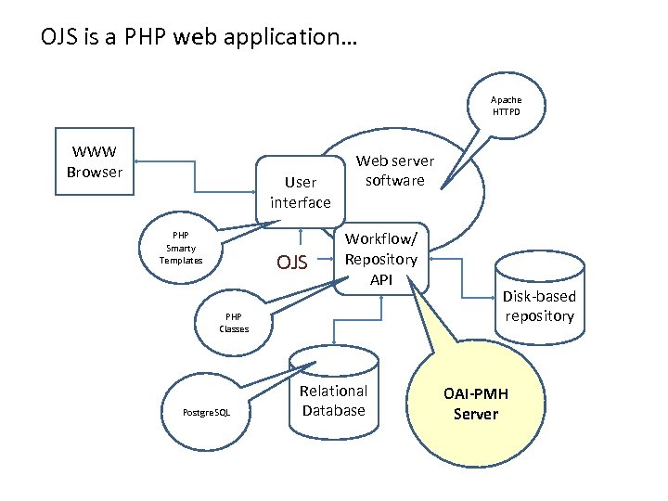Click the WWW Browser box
coord(95,162)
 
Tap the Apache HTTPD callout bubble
coord(506,106)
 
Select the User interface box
coord(300,192)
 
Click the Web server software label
coord(394,171)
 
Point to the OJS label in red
coord(292,263)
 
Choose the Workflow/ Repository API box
coord(381,259)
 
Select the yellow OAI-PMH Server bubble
coord(475,405)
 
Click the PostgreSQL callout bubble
coord(208,411)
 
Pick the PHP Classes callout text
coord(234,323)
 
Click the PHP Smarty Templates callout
coord(181,248)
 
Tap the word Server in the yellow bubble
coord(475,415)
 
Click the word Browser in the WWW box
coord(95,172)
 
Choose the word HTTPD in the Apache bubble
coord(507,112)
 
